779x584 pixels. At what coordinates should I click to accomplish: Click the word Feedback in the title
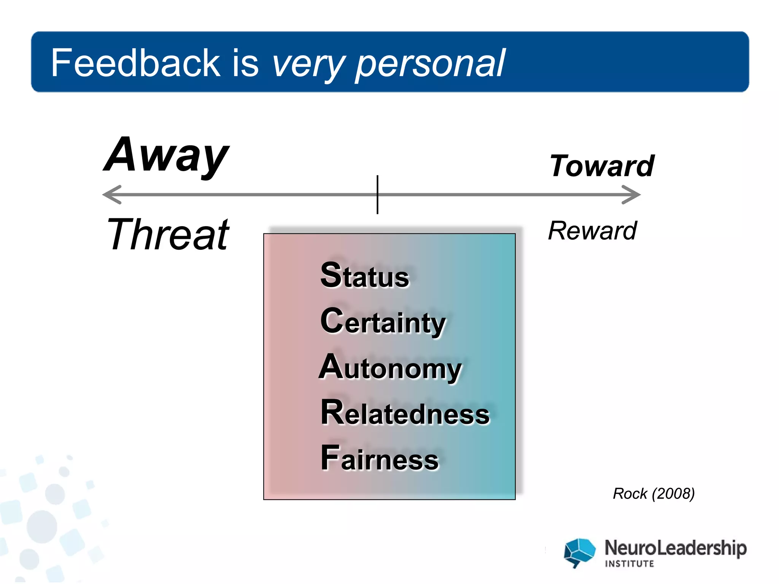click(x=135, y=63)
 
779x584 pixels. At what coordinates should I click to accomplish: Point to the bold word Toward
click(x=602, y=166)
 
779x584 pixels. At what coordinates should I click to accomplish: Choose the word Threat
click(x=168, y=235)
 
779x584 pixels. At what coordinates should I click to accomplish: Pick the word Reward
click(x=592, y=231)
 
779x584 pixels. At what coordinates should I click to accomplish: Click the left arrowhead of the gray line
click(x=111, y=195)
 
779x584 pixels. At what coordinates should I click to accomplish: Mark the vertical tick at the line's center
click(x=377, y=195)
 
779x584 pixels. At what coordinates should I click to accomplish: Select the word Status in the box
click(x=365, y=275)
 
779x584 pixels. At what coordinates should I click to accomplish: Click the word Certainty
click(x=383, y=322)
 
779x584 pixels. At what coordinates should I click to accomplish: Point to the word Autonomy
click(x=390, y=368)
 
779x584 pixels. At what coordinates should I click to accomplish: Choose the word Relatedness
click(x=405, y=413)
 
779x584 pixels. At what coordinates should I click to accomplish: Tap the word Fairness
click(x=380, y=459)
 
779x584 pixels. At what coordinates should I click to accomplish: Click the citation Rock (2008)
click(x=653, y=494)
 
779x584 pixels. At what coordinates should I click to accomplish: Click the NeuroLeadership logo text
click(x=676, y=548)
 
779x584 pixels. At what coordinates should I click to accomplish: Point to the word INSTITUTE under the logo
click(x=630, y=564)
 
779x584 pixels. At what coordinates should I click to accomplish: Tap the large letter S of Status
click(x=331, y=275)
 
